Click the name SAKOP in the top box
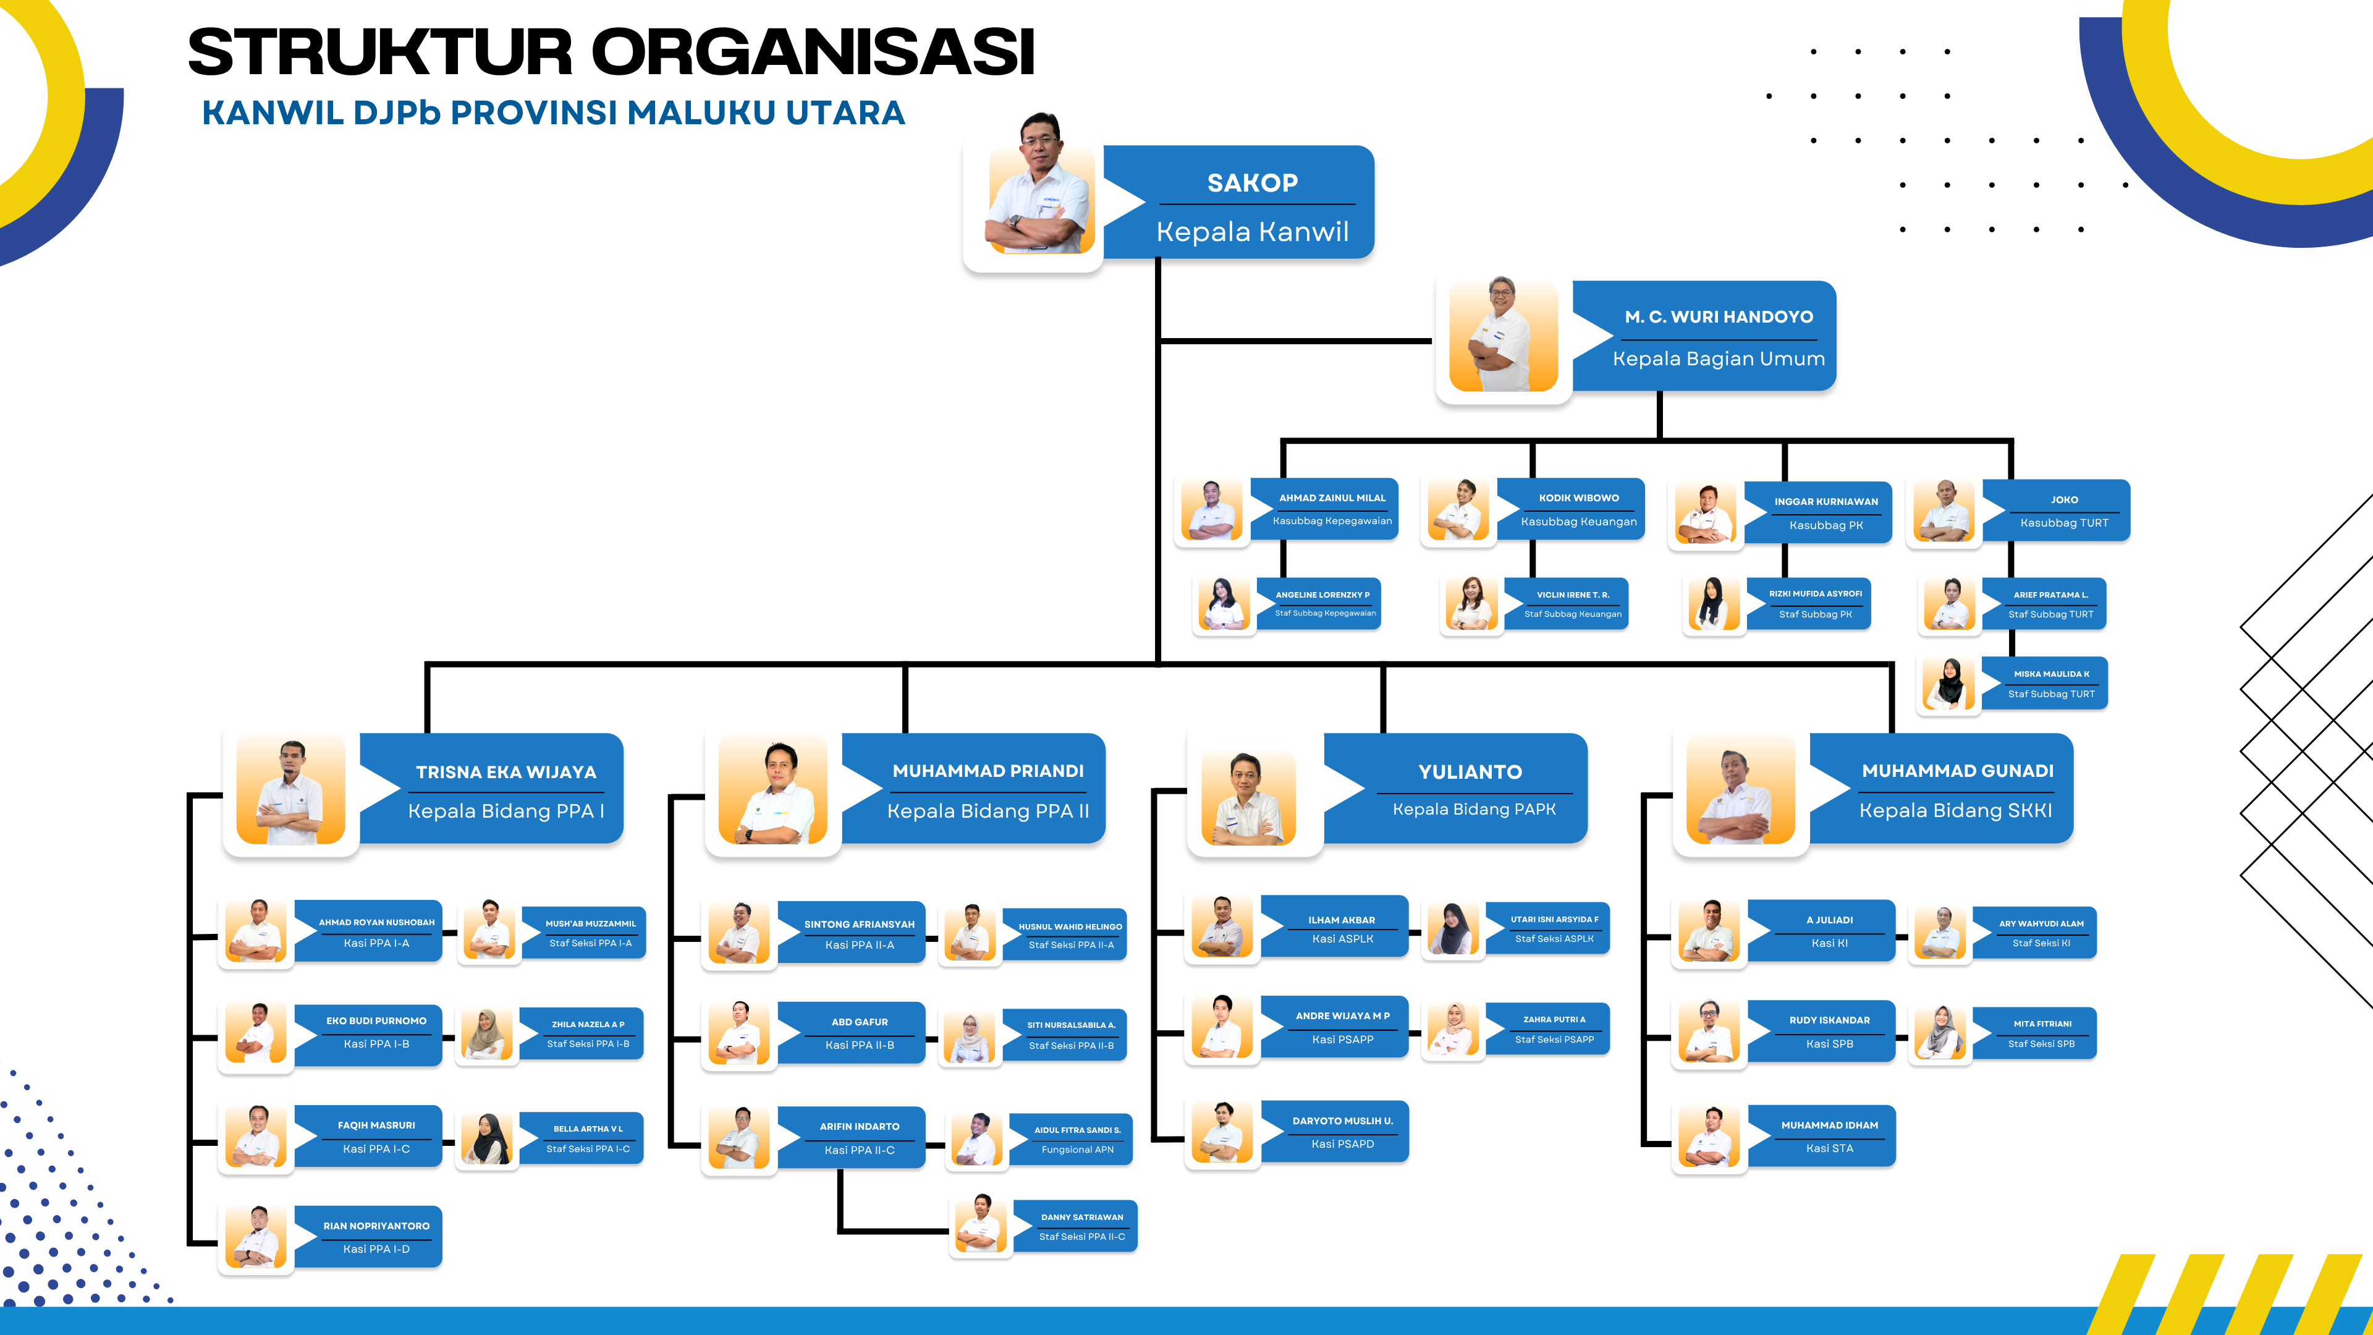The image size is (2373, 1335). (1252, 184)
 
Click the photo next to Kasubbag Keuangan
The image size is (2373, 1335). (1458, 511)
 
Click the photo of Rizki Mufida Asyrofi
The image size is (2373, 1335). (1712, 604)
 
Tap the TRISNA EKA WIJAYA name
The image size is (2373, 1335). (505, 772)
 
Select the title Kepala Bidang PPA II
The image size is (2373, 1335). (988, 811)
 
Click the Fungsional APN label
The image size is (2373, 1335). (1077, 1150)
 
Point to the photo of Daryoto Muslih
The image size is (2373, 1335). (1222, 1132)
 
